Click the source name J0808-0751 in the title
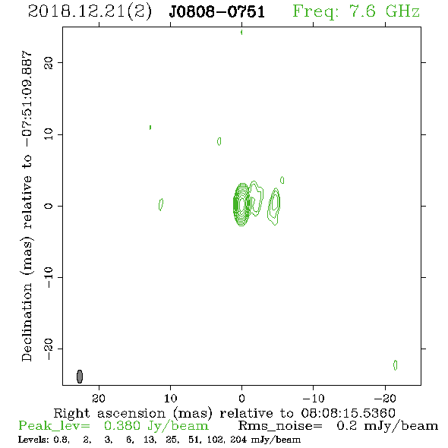click(216, 11)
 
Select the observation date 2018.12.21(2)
click(90, 11)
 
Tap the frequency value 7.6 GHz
click(384, 11)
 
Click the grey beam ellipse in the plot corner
click(80, 377)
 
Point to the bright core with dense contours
click(241, 204)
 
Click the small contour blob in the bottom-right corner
click(395, 365)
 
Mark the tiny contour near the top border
click(241, 33)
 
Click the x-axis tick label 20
click(99, 398)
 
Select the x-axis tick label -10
click(314, 398)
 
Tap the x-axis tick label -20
click(385, 398)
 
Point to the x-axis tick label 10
click(170, 398)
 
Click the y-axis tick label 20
click(49, 62)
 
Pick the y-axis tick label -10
click(49, 277)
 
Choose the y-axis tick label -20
click(49, 349)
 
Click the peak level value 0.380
click(122, 426)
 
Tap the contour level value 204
click(238, 440)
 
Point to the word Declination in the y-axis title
click(27, 322)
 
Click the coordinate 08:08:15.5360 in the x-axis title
click(348, 413)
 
